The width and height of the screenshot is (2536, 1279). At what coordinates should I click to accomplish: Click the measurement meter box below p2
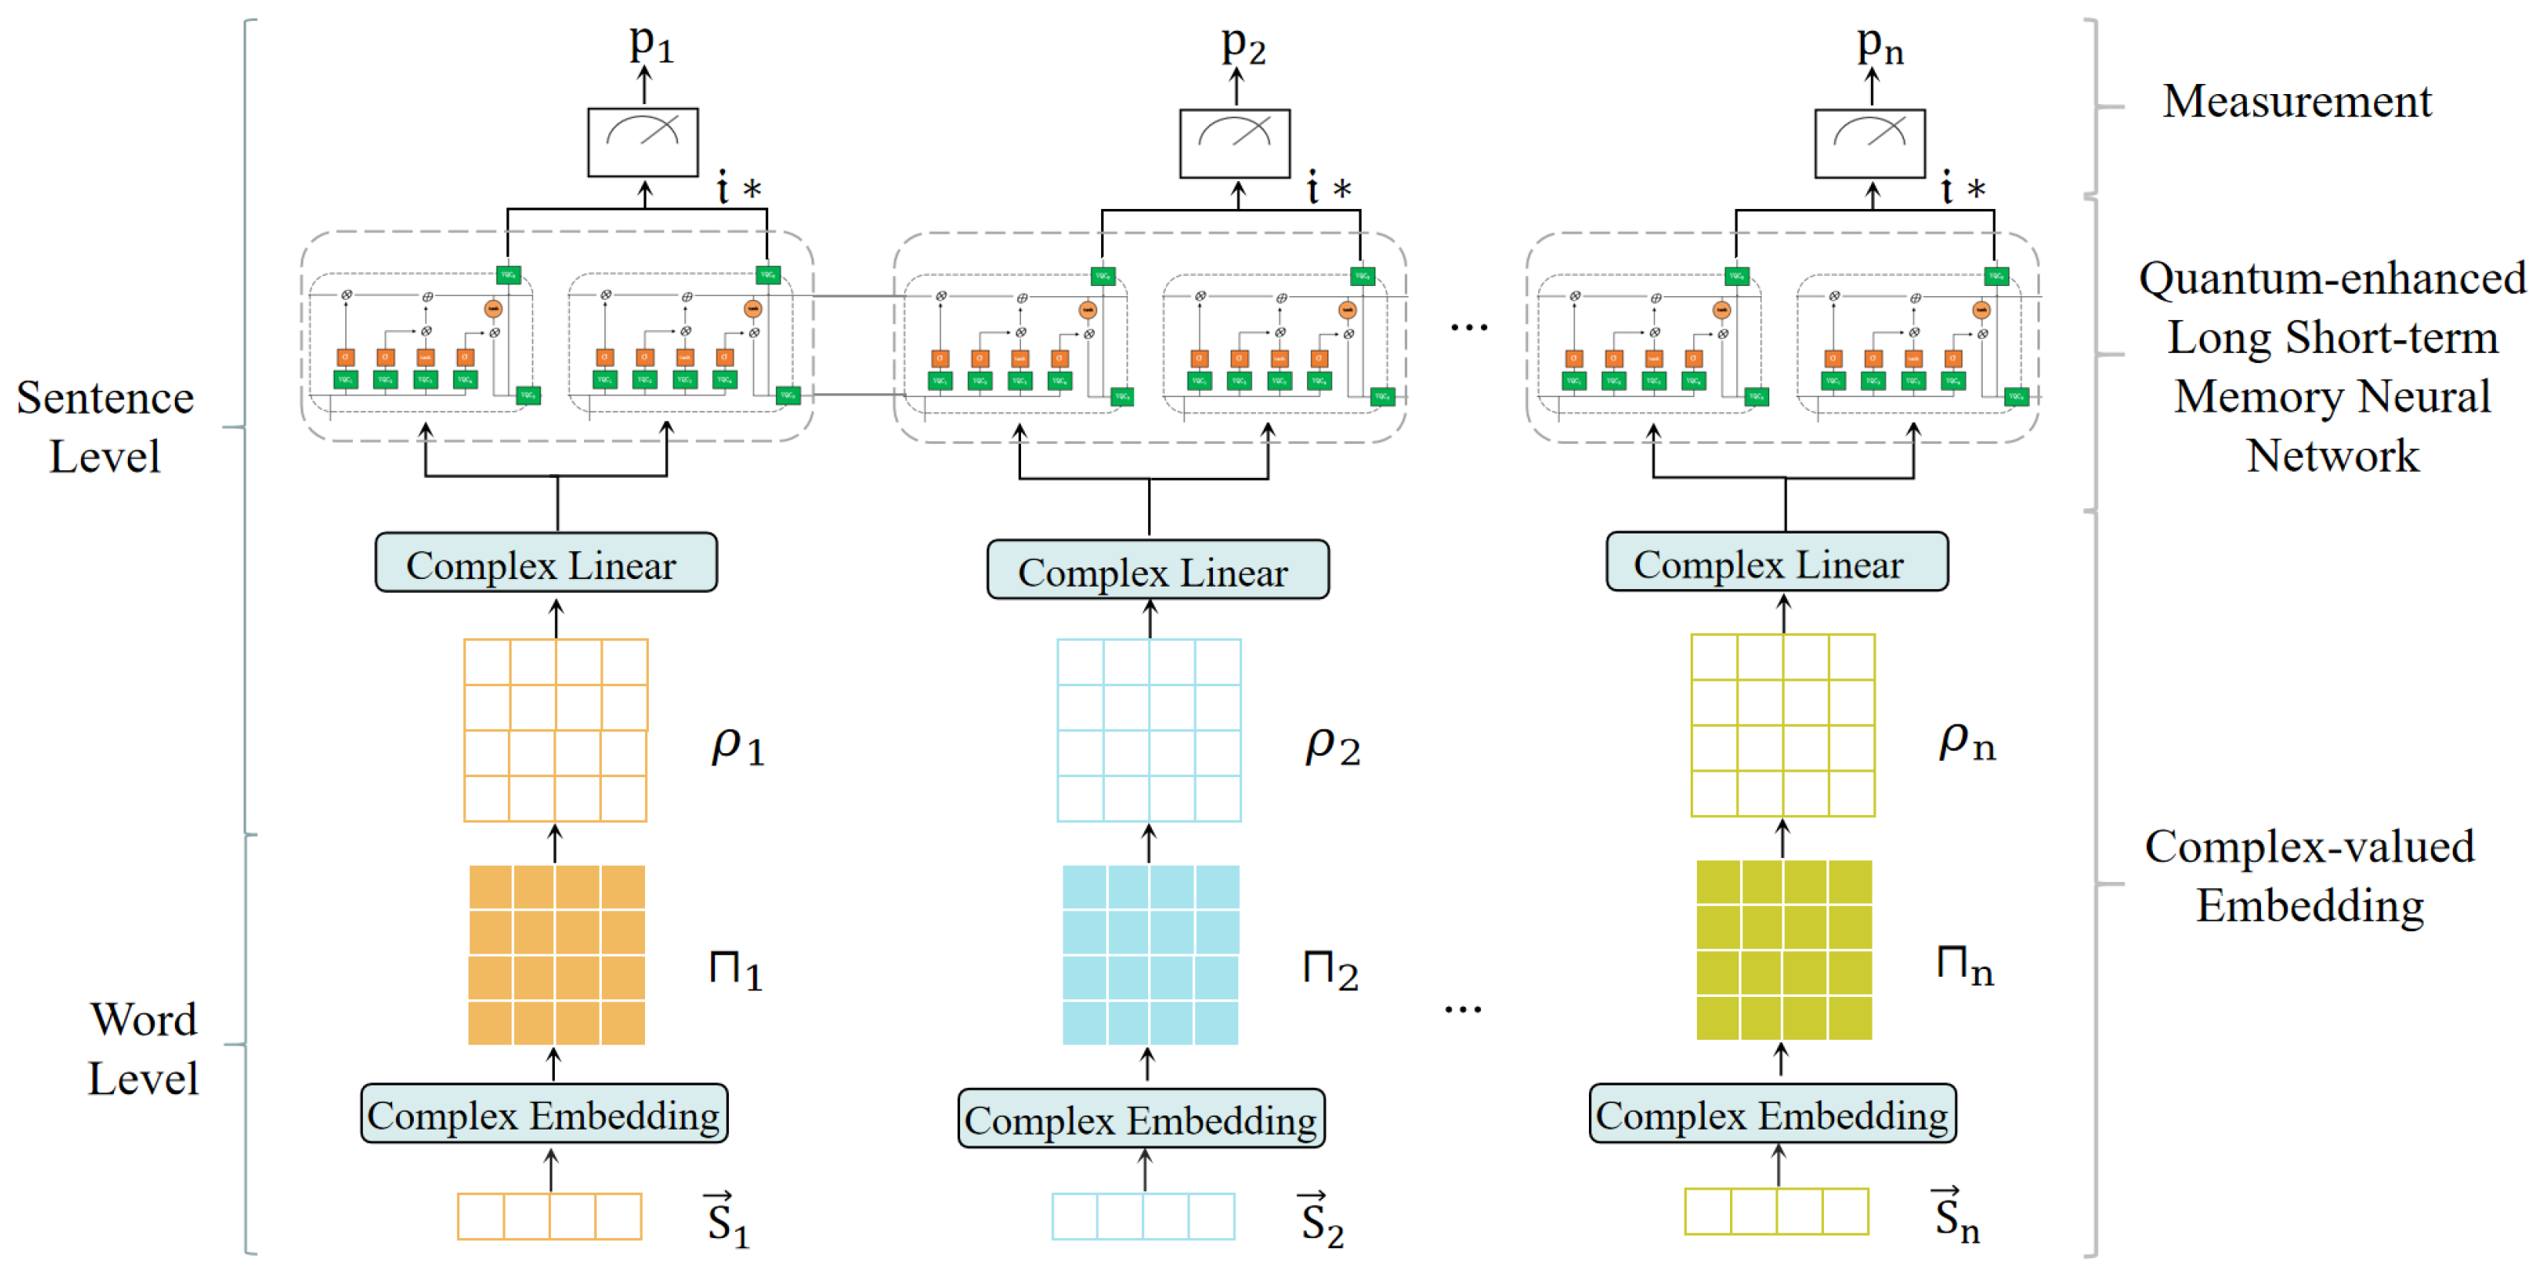tap(1234, 143)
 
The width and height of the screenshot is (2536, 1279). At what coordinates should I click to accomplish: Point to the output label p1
tap(650, 43)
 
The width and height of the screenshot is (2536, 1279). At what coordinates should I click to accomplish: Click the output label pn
tap(1879, 45)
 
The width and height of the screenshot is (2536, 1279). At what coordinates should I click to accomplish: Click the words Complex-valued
tap(2309, 846)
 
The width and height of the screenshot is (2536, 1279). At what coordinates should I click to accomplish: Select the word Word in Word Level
tap(144, 1019)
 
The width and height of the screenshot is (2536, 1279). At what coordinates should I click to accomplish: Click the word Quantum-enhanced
tap(2331, 278)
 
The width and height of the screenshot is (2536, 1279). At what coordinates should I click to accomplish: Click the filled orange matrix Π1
tap(556, 954)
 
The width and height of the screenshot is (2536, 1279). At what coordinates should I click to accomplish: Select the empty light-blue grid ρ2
tap(1148, 729)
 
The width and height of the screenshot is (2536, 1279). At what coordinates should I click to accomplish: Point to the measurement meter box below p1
tap(643, 143)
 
